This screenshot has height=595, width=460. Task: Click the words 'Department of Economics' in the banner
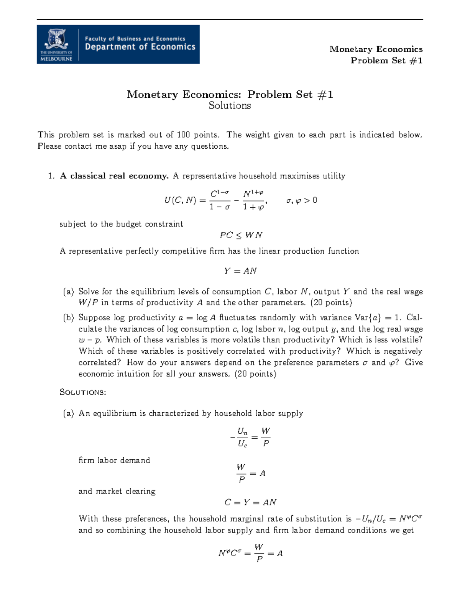(140, 47)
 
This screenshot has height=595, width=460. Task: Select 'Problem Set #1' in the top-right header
(386, 61)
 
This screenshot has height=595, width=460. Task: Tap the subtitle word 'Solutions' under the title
(230, 106)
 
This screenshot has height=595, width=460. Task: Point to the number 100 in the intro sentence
(183, 135)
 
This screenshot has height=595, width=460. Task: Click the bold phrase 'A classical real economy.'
(114, 176)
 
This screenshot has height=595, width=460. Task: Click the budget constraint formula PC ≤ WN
(241, 235)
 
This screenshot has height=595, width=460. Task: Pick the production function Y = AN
(240, 271)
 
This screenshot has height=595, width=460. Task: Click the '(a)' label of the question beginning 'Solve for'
(69, 292)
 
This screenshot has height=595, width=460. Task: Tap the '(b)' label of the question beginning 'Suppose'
(69, 318)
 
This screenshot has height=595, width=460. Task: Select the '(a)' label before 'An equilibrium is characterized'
(69, 413)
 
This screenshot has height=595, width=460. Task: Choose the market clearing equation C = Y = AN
(250, 502)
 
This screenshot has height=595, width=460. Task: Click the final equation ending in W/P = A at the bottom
(250, 553)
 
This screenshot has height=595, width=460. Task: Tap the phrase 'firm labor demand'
(114, 461)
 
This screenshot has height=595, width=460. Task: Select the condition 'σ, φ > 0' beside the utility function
(302, 200)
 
